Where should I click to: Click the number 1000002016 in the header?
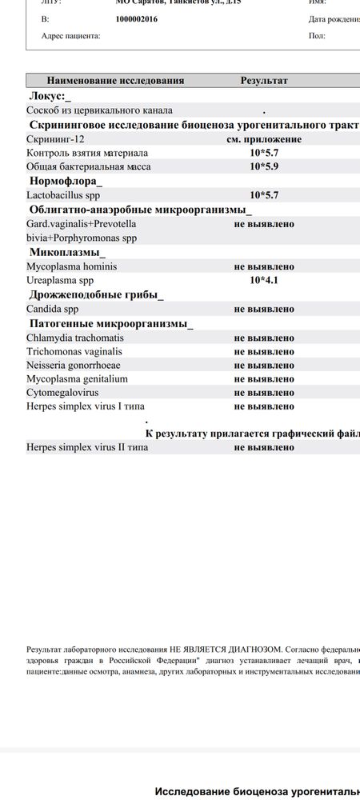pos(137,18)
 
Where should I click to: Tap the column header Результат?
pos(264,81)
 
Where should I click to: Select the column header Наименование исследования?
pos(116,81)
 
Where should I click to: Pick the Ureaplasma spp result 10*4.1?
pos(264,280)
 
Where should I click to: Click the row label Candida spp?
pos(53,308)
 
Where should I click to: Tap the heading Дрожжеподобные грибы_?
pos(97,294)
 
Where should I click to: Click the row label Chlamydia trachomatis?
pos(75,338)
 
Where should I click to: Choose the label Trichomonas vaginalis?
pos(74,351)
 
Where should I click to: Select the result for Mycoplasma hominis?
pos(264,266)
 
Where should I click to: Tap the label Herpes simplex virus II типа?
pos(87,447)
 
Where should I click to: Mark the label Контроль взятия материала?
pos(87,153)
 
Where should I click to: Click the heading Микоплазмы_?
pos(67,252)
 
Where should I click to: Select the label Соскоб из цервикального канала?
pos(99,110)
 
